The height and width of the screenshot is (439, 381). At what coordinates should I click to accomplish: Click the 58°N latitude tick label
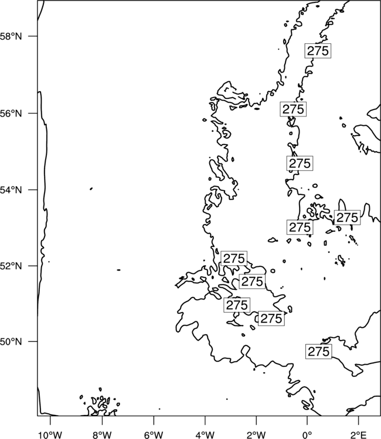(x=11, y=36)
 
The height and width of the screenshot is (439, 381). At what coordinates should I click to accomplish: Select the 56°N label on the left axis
(x=11, y=114)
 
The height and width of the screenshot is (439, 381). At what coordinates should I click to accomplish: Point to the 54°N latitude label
(x=11, y=190)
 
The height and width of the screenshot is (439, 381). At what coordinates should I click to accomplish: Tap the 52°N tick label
(x=11, y=266)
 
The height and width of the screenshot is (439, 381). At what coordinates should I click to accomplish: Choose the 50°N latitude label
(x=11, y=342)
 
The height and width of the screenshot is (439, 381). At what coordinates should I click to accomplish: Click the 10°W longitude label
(x=50, y=435)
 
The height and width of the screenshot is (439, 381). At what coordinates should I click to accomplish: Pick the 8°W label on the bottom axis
(x=102, y=435)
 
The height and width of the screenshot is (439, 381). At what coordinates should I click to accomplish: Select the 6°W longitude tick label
(x=154, y=435)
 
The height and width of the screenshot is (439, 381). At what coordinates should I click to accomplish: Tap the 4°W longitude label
(x=205, y=435)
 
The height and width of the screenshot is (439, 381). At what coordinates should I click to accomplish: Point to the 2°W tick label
(x=256, y=435)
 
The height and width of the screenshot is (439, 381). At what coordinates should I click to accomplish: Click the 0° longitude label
(x=307, y=435)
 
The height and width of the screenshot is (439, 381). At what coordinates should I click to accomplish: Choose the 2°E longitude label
(x=359, y=435)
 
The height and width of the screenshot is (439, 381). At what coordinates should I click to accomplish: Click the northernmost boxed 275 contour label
(x=318, y=51)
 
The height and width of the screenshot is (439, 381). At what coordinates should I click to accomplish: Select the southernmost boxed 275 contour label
(x=318, y=351)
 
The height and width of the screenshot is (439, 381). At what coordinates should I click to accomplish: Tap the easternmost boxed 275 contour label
(x=348, y=218)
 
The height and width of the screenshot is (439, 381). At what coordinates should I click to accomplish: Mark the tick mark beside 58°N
(x=32, y=36)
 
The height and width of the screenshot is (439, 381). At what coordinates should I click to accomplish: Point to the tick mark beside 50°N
(x=32, y=341)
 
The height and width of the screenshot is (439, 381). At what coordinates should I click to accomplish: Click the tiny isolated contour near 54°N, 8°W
(x=91, y=188)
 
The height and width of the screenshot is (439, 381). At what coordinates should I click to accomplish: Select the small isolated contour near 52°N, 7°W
(x=118, y=270)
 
